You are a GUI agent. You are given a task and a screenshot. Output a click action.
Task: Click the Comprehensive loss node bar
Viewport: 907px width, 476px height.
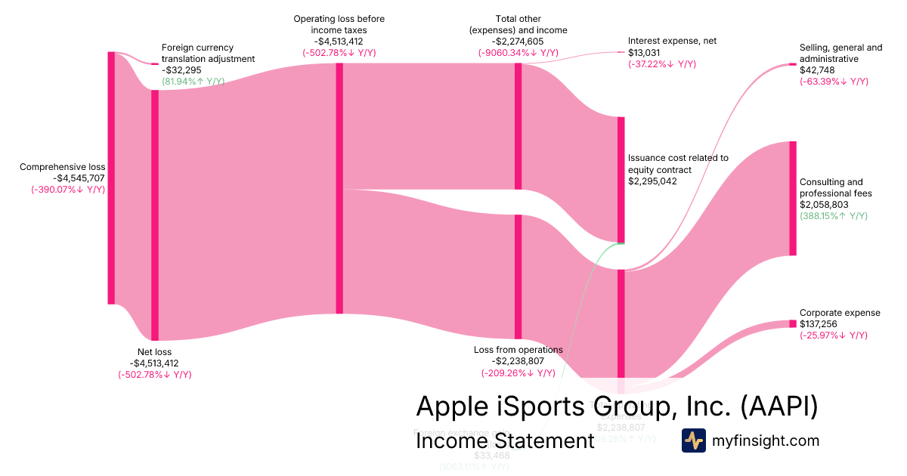pyautogui.click(x=111, y=178)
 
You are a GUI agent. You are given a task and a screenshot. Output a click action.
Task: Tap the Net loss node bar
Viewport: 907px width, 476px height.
pyautogui.click(x=155, y=215)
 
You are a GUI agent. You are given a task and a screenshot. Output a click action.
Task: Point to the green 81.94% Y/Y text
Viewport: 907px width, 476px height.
pyautogui.click(x=193, y=81)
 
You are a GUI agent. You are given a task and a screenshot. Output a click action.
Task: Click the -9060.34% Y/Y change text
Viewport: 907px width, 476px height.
pyautogui.click(x=518, y=53)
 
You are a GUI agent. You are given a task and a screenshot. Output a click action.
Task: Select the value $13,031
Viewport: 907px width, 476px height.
pyautogui.click(x=644, y=53)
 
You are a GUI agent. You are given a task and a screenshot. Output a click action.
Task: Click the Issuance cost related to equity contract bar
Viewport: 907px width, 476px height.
pyautogui.click(x=621, y=180)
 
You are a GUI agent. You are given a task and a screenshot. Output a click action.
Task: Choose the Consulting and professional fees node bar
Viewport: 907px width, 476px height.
pyautogui.click(x=793, y=199)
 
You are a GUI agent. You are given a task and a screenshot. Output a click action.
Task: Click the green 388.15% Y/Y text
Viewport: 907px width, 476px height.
pyautogui.click(x=834, y=216)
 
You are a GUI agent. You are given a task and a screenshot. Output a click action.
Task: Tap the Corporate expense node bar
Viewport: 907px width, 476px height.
pyautogui.click(x=793, y=323)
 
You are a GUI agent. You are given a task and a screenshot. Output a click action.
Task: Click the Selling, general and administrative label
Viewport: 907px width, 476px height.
pyautogui.click(x=840, y=53)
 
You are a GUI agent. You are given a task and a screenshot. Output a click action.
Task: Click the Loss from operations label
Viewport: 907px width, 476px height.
pyautogui.click(x=518, y=350)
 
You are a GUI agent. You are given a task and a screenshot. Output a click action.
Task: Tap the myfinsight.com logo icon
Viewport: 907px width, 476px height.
pyautogui.click(x=694, y=440)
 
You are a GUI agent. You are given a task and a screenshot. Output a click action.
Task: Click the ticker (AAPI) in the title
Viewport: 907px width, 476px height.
pyautogui.click(x=779, y=406)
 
